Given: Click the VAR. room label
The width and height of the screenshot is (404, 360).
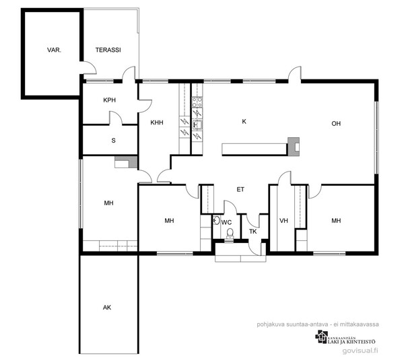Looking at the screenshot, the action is [54, 50].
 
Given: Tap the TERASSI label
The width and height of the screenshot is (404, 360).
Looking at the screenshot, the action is [108, 50].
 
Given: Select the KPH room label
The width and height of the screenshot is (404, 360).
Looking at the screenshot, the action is [110, 100].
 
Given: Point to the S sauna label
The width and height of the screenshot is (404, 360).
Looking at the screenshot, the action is [113, 141].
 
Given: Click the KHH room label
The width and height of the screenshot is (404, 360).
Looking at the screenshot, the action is [157, 122].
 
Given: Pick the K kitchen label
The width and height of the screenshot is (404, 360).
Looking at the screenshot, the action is [244, 121].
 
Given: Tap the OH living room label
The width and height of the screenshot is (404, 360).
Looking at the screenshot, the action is [336, 124].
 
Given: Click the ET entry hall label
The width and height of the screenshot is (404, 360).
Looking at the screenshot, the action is [240, 190].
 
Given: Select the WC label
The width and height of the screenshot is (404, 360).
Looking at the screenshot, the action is [226, 222].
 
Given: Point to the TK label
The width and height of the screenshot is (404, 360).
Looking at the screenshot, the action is [253, 231].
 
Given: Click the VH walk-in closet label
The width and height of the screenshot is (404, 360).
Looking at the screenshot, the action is [283, 221].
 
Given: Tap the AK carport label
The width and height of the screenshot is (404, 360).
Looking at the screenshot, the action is [107, 308].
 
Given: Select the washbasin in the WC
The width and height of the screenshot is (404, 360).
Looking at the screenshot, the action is [216, 221].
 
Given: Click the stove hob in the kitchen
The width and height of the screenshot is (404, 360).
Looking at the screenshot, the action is [197, 102].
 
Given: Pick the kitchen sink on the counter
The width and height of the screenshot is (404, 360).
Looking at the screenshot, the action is [197, 124].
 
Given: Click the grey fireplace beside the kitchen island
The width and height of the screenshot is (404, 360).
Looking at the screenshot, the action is [294, 147].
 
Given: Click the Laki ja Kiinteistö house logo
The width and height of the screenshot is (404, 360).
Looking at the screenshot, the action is [321, 337].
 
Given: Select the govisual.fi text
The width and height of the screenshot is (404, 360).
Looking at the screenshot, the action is [360, 351].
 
